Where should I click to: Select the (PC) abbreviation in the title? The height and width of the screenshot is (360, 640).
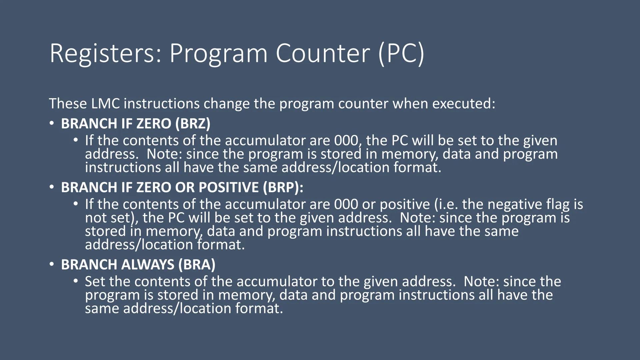[x=401, y=53]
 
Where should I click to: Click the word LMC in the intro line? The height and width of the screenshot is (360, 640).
[x=105, y=104]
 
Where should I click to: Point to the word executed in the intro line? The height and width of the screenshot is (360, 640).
[x=464, y=104]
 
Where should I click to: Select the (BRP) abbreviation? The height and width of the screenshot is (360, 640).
[x=282, y=187]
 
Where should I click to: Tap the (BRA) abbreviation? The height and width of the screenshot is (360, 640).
[x=197, y=265]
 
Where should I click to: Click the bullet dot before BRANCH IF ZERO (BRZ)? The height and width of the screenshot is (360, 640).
[x=51, y=123]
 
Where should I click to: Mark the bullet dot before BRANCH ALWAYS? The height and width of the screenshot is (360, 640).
[x=51, y=264]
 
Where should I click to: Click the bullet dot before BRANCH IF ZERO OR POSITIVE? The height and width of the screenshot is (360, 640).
[x=51, y=187]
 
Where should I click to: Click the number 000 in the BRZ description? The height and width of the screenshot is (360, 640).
[x=347, y=141]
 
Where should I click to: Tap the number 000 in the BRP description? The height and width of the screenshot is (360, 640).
[x=346, y=204]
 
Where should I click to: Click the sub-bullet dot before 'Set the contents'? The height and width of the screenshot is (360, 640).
[x=76, y=281]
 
